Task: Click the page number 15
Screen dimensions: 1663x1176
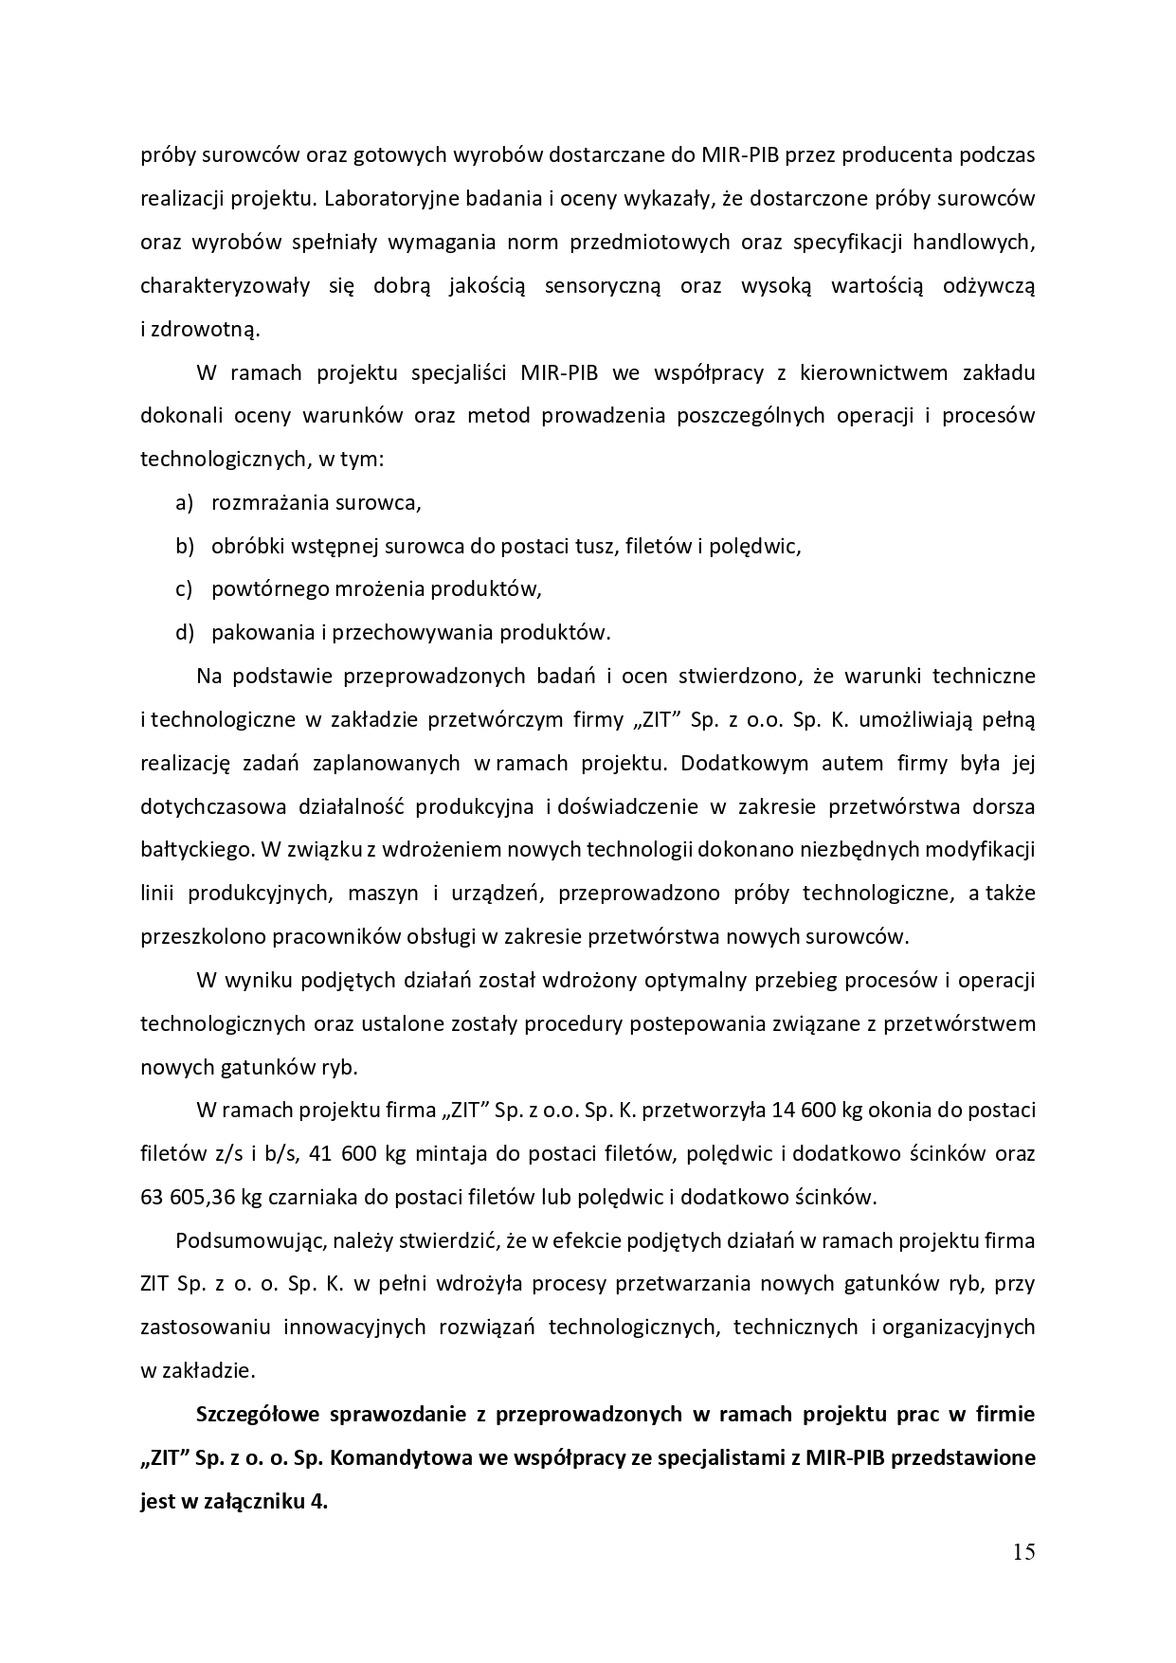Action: (x=1023, y=1552)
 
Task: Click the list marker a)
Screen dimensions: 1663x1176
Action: (x=185, y=502)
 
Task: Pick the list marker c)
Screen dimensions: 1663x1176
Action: (x=184, y=588)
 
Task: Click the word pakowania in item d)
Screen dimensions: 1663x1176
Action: (x=255, y=632)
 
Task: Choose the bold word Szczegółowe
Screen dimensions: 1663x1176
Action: (x=257, y=1415)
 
